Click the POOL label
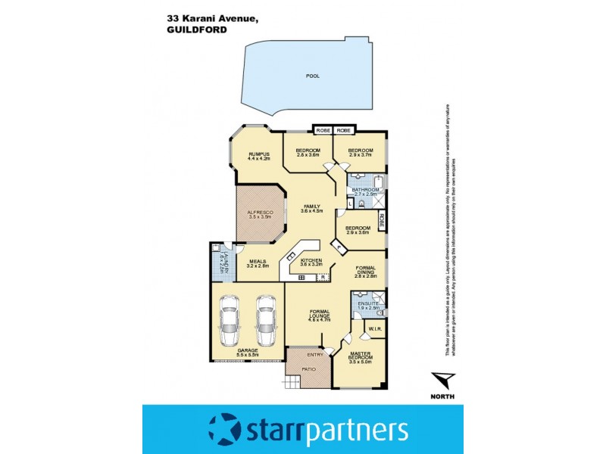312,76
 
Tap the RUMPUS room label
260,155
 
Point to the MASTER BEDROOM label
359,358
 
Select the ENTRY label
314,354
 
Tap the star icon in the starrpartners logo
225,428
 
